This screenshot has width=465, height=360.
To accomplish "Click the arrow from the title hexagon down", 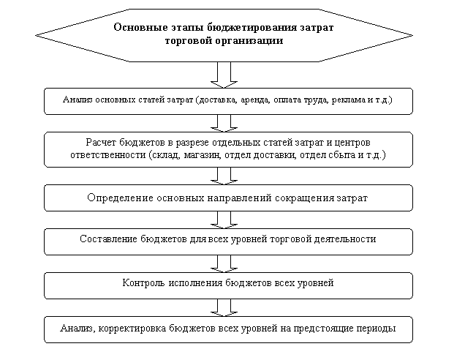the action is click(x=224, y=75).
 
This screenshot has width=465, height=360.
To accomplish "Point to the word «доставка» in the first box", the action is click(x=218, y=100).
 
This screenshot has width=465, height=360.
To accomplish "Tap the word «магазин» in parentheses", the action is click(x=203, y=155).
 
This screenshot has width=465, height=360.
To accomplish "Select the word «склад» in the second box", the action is click(x=166, y=155).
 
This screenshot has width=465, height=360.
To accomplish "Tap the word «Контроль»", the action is click(x=143, y=283).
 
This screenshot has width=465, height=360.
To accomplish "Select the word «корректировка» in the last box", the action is click(x=132, y=329).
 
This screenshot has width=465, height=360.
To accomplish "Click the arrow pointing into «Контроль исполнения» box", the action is click(x=224, y=263).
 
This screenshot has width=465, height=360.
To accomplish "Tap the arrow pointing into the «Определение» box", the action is click(x=224, y=176).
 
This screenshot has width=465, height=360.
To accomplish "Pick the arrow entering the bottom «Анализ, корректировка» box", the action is click(x=224, y=307).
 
